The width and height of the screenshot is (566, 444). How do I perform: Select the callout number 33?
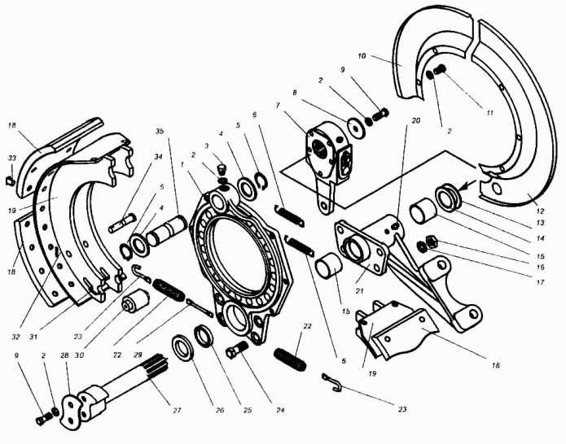pos(11,158)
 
